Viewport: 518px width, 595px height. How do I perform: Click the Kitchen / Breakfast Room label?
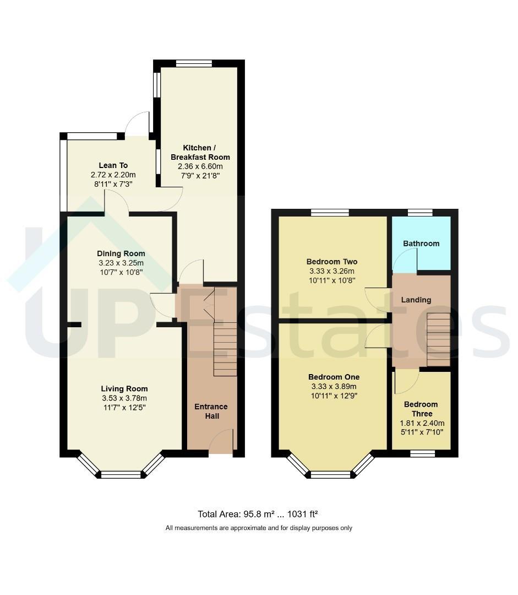pyautogui.click(x=200, y=152)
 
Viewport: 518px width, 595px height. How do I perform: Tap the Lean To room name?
pyautogui.click(x=113, y=165)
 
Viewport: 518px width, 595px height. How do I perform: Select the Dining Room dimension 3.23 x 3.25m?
pyautogui.click(x=121, y=263)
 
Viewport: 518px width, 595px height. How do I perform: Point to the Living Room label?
pyautogui.click(x=124, y=388)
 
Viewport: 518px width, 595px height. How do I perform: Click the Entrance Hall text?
pyautogui.click(x=211, y=412)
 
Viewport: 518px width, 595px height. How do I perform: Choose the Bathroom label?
pyautogui.click(x=421, y=244)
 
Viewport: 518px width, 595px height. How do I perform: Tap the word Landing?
pyautogui.click(x=416, y=300)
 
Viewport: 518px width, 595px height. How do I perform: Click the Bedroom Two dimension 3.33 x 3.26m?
pyautogui.click(x=332, y=271)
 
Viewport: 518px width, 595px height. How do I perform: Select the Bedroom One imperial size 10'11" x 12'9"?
pyautogui.click(x=334, y=396)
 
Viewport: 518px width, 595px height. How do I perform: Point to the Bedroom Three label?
pyautogui.click(x=421, y=409)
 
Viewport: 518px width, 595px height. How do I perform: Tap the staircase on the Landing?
pyautogui.click(x=439, y=339)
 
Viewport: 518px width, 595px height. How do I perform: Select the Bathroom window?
pyautogui.click(x=420, y=213)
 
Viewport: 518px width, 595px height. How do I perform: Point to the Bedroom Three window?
pyautogui.click(x=423, y=453)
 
